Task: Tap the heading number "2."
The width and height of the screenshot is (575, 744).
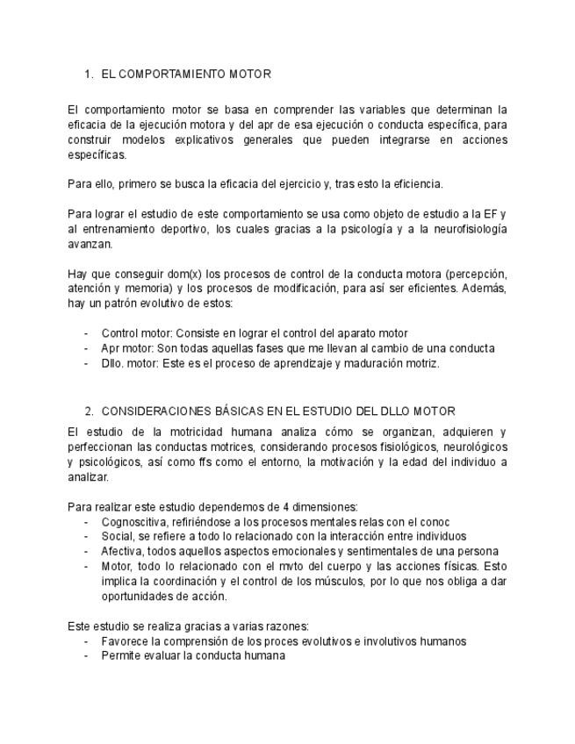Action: (x=90, y=411)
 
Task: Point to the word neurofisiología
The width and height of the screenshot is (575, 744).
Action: (x=461, y=229)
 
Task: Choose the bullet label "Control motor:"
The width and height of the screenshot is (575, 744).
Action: (x=137, y=333)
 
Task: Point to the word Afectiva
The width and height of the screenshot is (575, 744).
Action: (x=122, y=551)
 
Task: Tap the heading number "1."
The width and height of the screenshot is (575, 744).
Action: (x=89, y=75)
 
